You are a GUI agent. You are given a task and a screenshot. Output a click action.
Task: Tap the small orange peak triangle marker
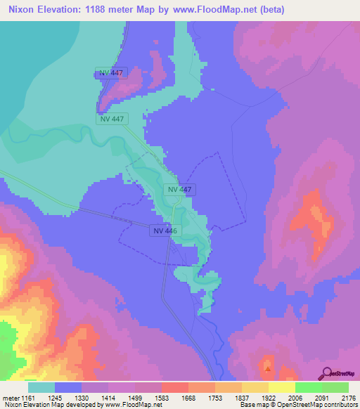[267, 367]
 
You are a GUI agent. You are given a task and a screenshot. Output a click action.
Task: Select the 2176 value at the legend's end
[348, 397]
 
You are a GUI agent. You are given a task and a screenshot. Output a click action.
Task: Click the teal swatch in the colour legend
[41, 387]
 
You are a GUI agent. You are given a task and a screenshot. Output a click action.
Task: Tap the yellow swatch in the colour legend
[281, 387]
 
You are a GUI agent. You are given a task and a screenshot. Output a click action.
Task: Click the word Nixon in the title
[22, 9]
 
